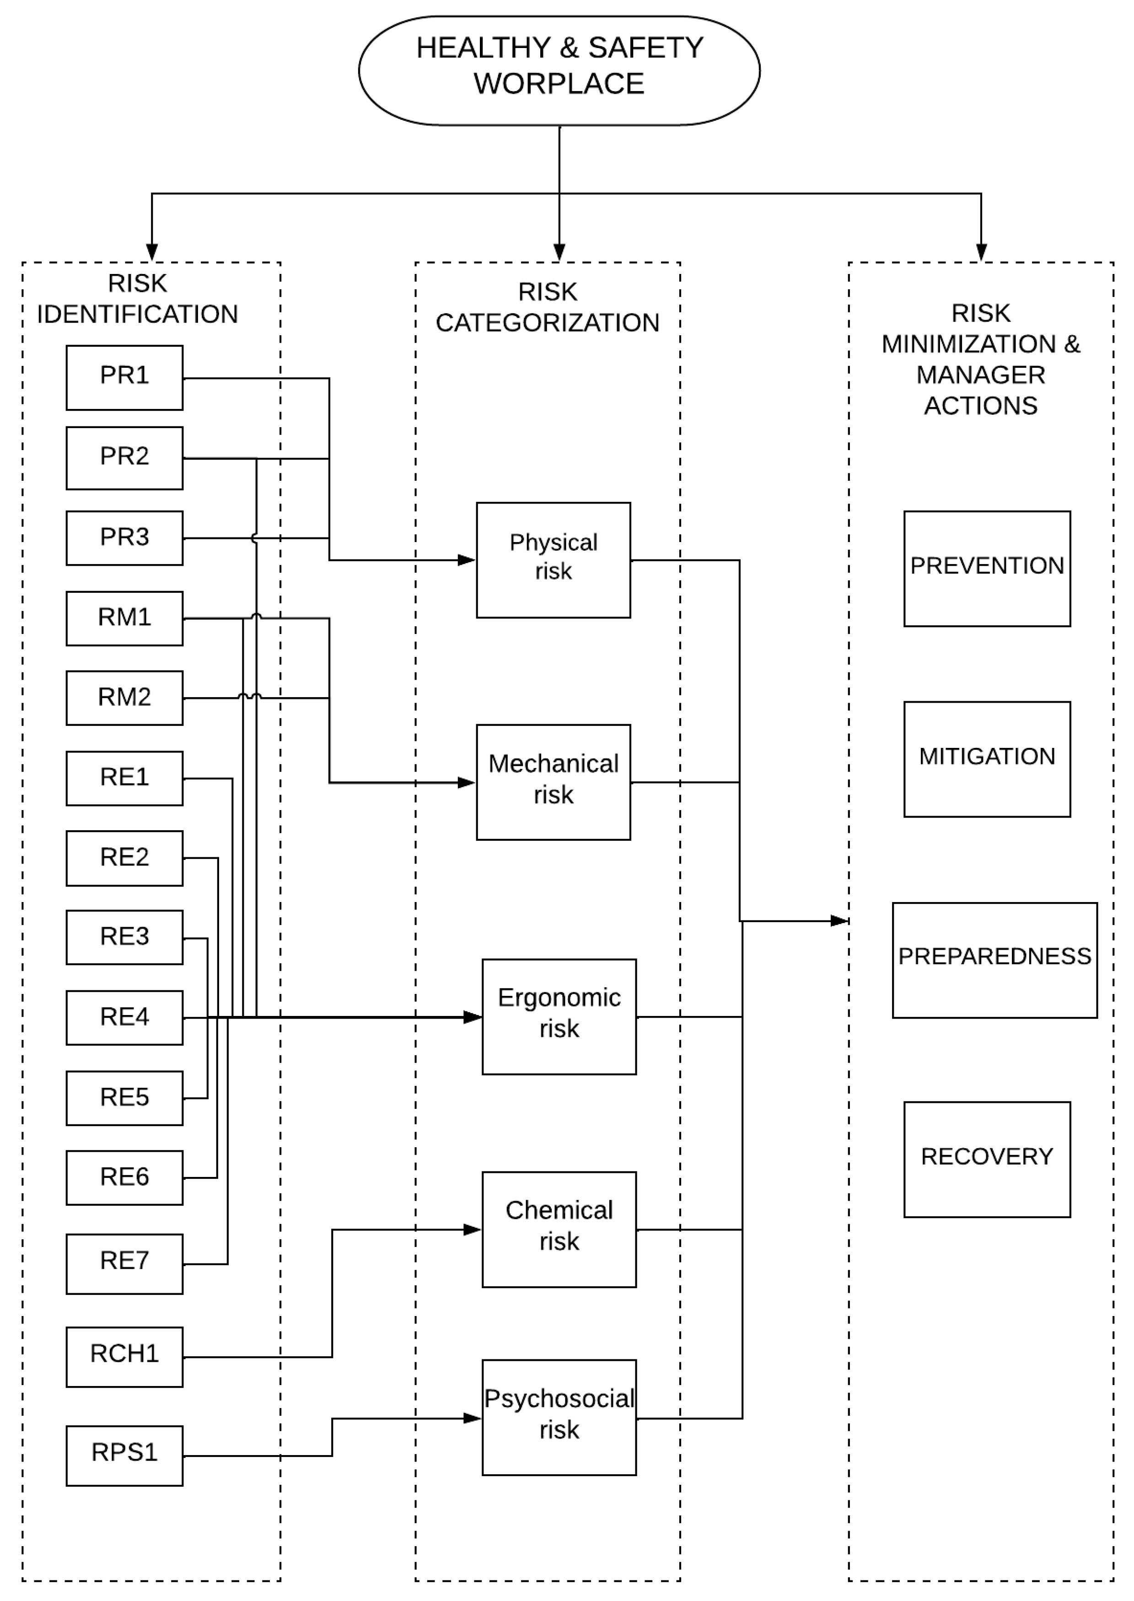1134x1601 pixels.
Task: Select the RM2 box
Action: coord(124,698)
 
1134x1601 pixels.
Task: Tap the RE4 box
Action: coord(124,1017)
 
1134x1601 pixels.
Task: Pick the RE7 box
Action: coord(124,1264)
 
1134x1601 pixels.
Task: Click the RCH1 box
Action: coord(124,1357)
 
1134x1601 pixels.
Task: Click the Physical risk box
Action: coord(553,559)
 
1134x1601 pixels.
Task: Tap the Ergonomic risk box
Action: coord(559,1016)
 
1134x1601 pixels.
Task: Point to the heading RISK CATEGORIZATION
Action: coord(548,307)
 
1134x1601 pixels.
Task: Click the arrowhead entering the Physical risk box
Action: coord(467,559)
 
